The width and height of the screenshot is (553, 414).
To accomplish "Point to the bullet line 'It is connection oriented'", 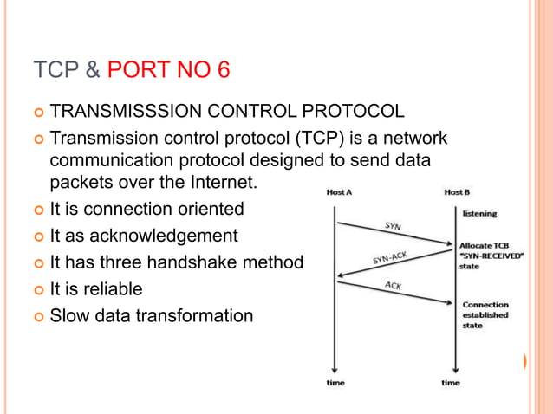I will [146, 209].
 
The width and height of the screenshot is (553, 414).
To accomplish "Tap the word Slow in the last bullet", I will [69, 316].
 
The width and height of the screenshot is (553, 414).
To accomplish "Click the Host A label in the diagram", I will [339, 192].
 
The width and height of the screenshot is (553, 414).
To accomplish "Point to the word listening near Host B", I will [479, 212].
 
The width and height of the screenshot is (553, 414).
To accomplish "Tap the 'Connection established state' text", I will [485, 315].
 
